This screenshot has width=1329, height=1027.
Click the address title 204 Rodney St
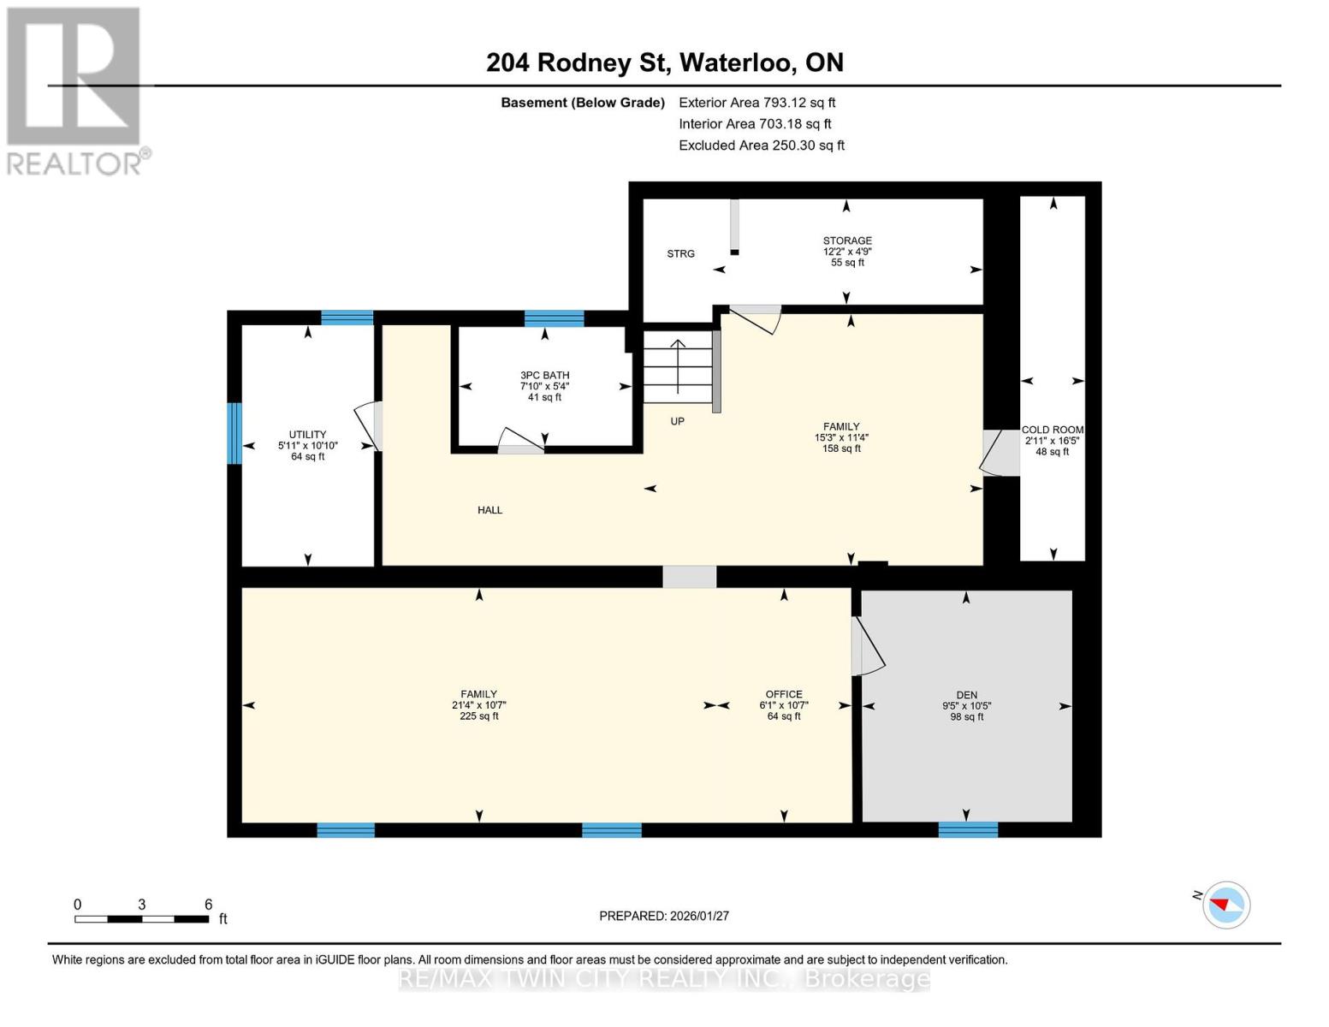[x=664, y=62]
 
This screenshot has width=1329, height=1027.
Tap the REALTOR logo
[x=75, y=91]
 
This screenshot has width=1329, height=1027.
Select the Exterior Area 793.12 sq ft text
[x=756, y=103]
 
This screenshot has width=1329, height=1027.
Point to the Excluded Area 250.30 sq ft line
[x=761, y=145]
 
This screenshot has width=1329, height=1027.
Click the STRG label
[x=680, y=254]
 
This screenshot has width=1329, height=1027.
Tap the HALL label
[x=489, y=510]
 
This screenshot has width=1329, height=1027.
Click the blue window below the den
[x=968, y=829]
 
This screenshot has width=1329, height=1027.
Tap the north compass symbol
[x=1225, y=905]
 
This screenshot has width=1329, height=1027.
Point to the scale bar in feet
[x=141, y=919]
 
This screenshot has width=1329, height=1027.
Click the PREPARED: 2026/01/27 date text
[x=664, y=916]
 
